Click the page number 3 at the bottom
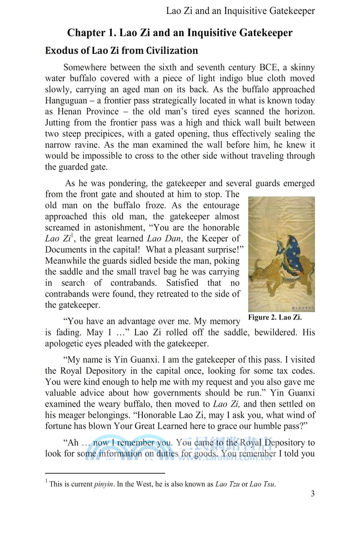click(313, 494)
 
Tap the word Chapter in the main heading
click(88, 33)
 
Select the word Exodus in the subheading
click(62, 51)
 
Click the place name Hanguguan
click(68, 101)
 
